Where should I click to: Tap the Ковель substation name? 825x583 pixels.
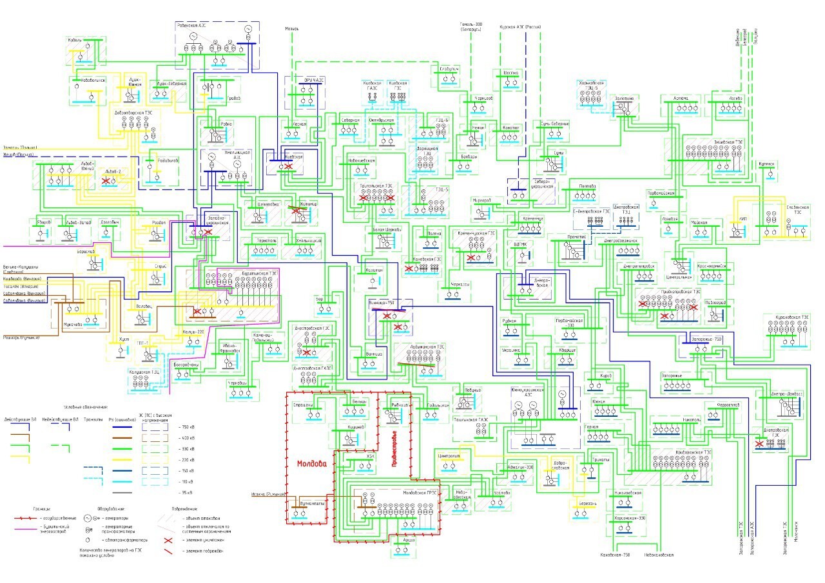pos(76,40)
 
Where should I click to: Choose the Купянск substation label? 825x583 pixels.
pos(766,164)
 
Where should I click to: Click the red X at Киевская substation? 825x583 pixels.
pos(288,167)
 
